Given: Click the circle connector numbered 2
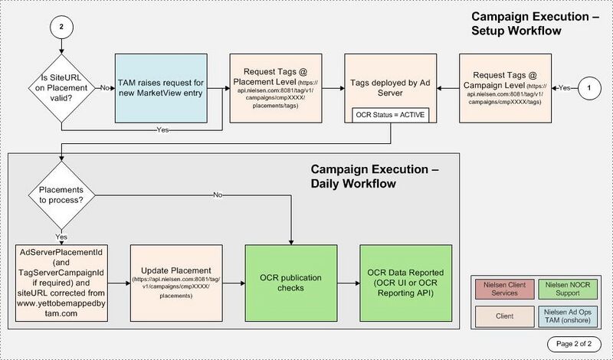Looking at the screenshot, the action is point(61,27).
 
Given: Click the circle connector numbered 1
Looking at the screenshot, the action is point(589,88).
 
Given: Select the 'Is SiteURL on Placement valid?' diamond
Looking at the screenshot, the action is point(61,88).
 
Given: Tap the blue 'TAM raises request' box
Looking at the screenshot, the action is point(161,88).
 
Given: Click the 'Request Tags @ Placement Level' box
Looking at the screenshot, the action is point(276,88).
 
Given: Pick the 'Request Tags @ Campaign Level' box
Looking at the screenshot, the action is point(506,88).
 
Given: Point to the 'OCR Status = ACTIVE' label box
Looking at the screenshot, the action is point(391,116).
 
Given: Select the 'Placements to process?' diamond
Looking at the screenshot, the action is point(61,195).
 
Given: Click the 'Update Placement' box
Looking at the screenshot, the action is point(176,283).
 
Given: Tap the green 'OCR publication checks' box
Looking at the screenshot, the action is point(291,283).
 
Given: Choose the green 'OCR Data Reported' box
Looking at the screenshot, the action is point(406,283).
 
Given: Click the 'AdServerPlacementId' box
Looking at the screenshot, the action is point(61,283).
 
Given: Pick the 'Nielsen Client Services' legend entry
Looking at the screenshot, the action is point(505,290).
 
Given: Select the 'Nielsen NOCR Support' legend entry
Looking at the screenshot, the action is point(568,290).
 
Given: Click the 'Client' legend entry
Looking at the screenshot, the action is point(505,316).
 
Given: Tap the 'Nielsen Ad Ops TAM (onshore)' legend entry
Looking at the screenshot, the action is point(568,316).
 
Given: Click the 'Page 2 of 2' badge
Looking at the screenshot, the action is point(574,344).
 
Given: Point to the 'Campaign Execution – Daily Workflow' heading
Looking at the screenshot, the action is point(375,176).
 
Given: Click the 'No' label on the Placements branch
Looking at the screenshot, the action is point(218,195).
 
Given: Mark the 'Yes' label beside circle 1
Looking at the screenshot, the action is point(564,88).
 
